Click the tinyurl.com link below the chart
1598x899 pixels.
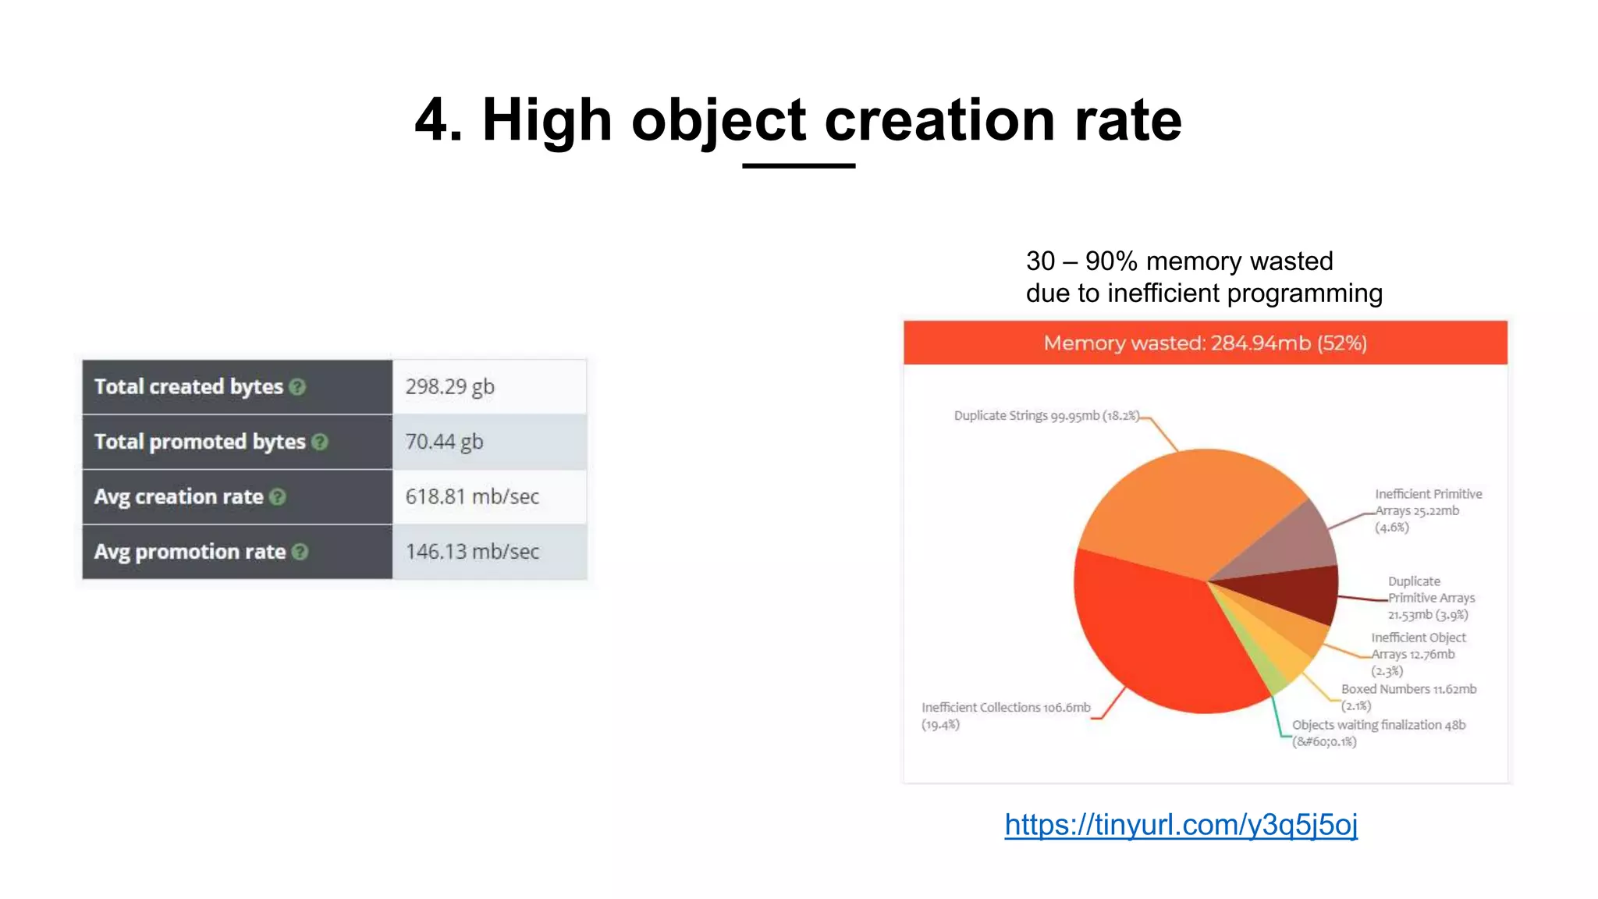tap(1181, 824)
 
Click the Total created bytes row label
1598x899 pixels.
tap(188, 386)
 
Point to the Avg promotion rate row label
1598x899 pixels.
tap(190, 552)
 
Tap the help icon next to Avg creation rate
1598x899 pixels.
tap(278, 497)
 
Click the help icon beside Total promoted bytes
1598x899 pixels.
tap(320, 442)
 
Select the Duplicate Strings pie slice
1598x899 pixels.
tap(1186, 507)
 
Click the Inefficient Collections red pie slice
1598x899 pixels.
tap(1147, 632)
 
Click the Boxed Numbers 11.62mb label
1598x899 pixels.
tap(1408, 690)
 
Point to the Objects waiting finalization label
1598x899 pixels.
tap(1379, 725)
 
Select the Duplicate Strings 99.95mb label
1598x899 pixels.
tap(1046, 416)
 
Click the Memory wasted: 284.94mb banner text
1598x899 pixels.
tap(1205, 343)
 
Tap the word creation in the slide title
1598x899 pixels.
tap(939, 120)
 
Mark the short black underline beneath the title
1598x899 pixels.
tap(798, 166)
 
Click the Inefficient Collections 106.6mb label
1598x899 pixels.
tap(1005, 708)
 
